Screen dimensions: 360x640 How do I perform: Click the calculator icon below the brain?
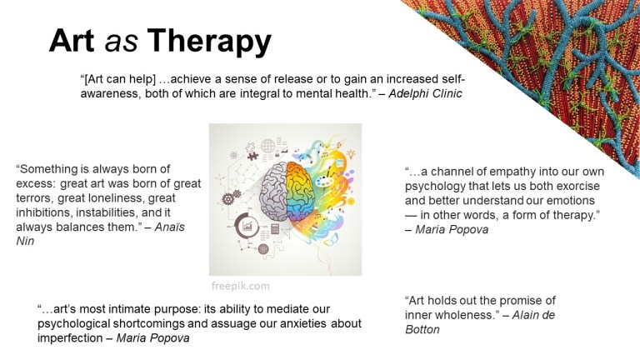click(275, 228)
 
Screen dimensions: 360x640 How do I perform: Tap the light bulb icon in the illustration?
click(350, 153)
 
